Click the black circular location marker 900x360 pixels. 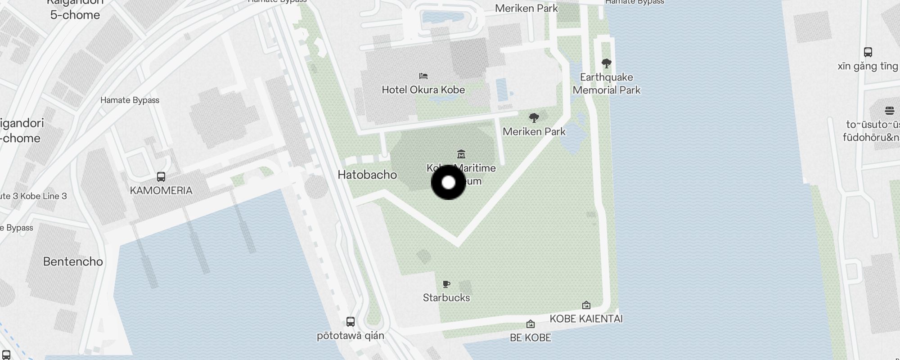[x=448, y=182]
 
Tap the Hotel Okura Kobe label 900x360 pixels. [x=423, y=90]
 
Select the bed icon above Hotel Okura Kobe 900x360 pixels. [x=423, y=76]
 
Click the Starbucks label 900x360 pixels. [x=446, y=297]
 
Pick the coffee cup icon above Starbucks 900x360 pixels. [x=446, y=284]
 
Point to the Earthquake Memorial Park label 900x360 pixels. [x=606, y=84]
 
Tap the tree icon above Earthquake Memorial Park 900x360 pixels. [x=606, y=63]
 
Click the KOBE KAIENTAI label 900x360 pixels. [x=586, y=319]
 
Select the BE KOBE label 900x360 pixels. [x=530, y=337]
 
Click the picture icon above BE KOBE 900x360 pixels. [x=531, y=324]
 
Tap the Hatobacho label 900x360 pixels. [x=367, y=175]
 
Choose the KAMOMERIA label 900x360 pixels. [x=161, y=190]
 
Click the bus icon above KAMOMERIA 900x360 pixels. [x=161, y=177]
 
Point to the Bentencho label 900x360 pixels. [x=73, y=261]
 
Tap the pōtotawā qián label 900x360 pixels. [x=351, y=336]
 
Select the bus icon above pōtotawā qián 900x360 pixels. [x=351, y=322]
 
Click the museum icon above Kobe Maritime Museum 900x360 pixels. [x=461, y=154]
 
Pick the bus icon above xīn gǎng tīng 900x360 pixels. [x=868, y=52]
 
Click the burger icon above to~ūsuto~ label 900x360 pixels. [x=889, y=110]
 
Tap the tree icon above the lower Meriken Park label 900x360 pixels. [x=534, y=118]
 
